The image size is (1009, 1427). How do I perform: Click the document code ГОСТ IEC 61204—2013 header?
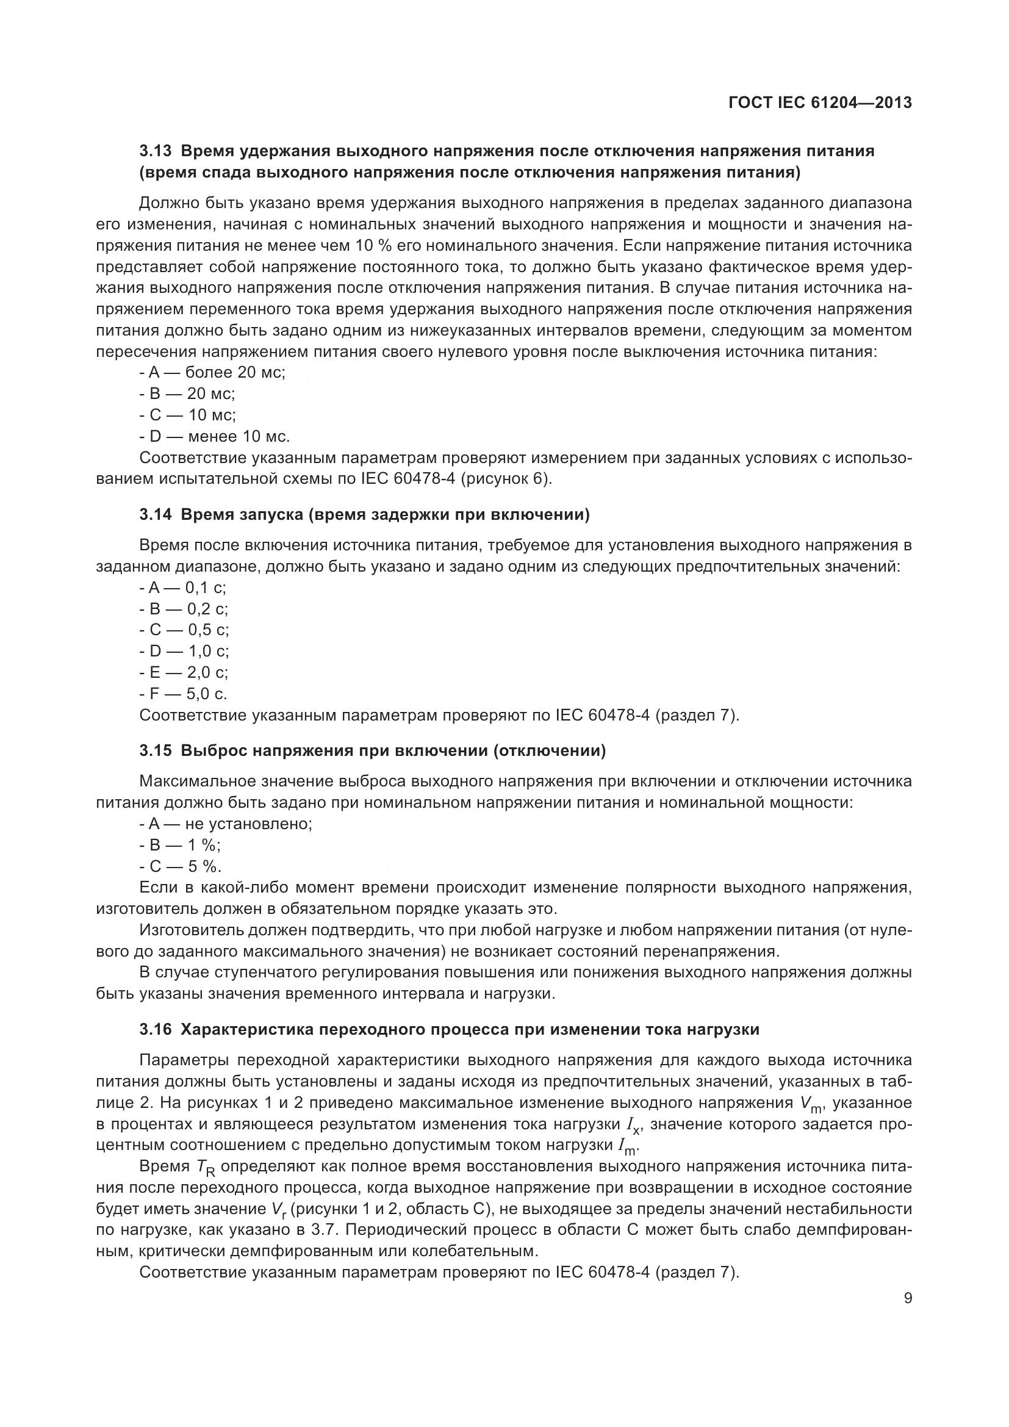819,103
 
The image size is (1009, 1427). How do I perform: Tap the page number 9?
908,1298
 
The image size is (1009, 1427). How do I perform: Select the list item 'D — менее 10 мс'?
215,436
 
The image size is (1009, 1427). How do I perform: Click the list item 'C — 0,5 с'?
184,630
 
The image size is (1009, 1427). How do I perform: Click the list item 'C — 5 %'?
181,866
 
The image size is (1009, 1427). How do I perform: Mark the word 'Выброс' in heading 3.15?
206,751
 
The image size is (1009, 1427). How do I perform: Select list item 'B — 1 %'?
180,845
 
